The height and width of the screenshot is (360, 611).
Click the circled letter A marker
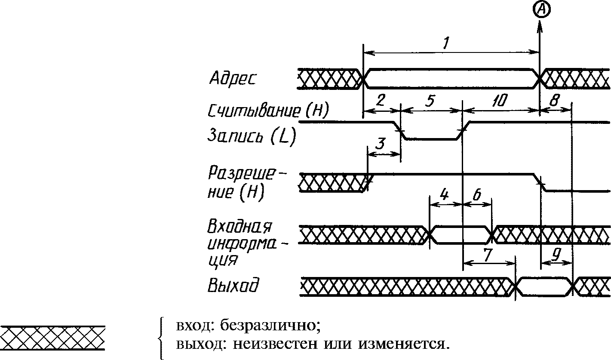click(541, 10)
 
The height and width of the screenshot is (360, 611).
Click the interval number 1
click(446, 43)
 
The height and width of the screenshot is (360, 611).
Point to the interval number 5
click(430, 100)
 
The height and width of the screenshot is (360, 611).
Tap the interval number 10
click(500, 100)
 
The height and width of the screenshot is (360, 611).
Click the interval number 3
click(381, 144)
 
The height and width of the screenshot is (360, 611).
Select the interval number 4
click(444, 194)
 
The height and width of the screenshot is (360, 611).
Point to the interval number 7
click(488, 255)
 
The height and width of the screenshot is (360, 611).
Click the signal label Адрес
click(233, 79)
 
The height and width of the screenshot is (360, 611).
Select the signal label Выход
click(233, 285)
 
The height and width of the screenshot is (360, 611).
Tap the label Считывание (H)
click(268, 111)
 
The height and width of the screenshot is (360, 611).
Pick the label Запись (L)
click(252, 136)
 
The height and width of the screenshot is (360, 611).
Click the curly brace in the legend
click(162, 338)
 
